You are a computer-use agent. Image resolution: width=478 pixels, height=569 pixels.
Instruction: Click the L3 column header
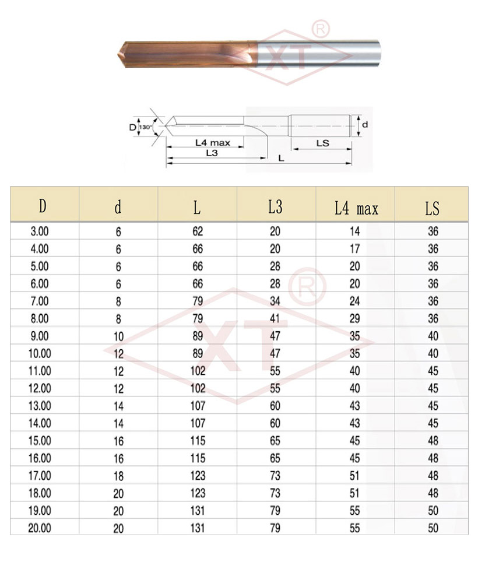(x=275, y=207)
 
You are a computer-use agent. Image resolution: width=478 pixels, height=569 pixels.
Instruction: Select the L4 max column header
(x=356, y=208)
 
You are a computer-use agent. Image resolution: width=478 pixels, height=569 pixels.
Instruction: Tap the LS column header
(x=432, y=208)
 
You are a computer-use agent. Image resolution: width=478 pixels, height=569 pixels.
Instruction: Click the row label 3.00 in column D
(x=40, y=231)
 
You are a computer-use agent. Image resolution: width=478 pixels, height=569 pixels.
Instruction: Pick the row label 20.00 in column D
(x=40, y=528)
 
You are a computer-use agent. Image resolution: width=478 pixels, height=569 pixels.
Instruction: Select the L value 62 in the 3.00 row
(x=198, y=231)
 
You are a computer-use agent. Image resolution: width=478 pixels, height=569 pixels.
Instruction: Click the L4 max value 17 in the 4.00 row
(x=354, y=248)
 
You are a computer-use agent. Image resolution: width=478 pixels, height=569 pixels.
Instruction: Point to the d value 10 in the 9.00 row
(x=119, y=336)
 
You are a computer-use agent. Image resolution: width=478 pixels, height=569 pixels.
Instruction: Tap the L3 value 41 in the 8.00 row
(x=275, y=318)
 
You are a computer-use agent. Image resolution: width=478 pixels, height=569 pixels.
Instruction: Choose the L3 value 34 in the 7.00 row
(x=275, y=301)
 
